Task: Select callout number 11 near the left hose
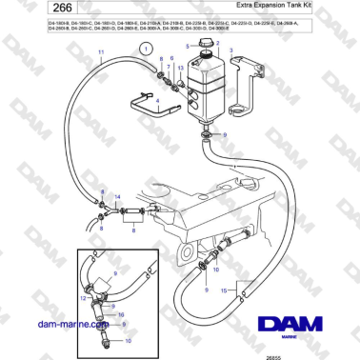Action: pos(101,64)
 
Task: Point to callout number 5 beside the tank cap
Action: pos(188,47)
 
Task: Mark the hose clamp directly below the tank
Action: pos(207,137)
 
